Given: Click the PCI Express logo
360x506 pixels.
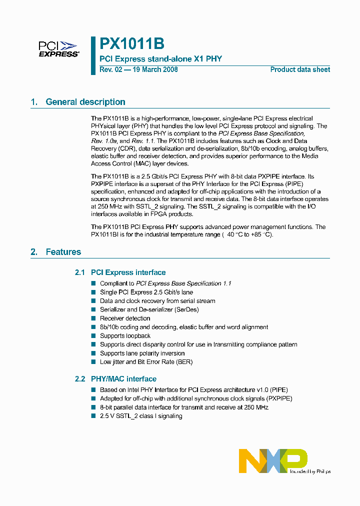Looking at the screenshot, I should (58, 49).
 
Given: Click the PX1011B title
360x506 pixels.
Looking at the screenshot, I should (131, 43).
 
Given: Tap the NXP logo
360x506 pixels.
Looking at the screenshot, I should (273, 460).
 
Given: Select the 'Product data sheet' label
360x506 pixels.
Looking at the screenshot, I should (300, 69).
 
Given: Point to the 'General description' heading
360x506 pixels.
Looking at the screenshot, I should (85, 102).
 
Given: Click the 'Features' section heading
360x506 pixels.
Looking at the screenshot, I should (63, 252).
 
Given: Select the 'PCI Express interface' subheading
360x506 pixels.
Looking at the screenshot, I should (128, 272).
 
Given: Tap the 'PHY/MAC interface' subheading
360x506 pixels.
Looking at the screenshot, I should (123, 379).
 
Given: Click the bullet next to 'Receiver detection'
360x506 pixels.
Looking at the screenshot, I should (93, 318).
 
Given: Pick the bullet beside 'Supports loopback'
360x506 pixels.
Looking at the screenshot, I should (93, 335).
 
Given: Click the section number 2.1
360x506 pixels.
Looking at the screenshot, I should (80, 272).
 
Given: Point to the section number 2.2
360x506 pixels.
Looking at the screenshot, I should (80, 379).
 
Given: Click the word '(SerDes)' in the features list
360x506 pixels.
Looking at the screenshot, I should (186, 309).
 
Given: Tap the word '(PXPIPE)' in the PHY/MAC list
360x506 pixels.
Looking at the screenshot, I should (277, 398).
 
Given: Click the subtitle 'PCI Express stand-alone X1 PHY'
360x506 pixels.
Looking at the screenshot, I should (161, 59).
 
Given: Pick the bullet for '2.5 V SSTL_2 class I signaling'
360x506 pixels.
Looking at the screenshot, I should (93, 416).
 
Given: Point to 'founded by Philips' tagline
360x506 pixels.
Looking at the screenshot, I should (310, 471).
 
